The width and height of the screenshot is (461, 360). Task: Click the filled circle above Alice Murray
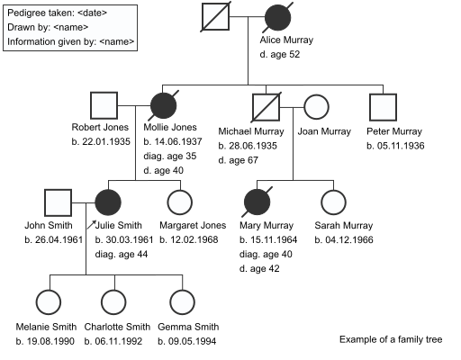pyautogui.click(x=277, y=18)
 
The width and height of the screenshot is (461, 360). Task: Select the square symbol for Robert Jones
pyautogui.click(x=104, y=105)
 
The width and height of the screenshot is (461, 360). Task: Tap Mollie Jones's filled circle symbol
pyautogui.click(x=163, y=105)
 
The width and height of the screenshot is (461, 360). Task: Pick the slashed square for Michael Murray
pyautogui.click(x=266, y=107)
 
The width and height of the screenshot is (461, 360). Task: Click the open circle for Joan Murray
pyautogui.click(x=316, y=107)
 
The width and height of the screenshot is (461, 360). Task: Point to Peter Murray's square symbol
pyautogui.click(x=383, y=107)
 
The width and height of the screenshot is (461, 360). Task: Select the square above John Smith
pyautogui.click(x=58, y=202)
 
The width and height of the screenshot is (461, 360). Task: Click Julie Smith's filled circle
pyautogui.click(x=108, y=202)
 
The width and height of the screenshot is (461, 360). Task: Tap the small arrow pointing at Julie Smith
pyautogui.click(x=92, y=225)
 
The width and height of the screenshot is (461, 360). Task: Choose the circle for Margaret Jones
pyautogui.click(x=179, y=202)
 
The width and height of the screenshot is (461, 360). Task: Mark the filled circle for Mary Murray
pyautogui.click(x=257, y=202)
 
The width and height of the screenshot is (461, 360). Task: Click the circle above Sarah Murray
pyautogui.click(x=333, y=202)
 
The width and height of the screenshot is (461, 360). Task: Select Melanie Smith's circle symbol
pyautogui.click(x=49, y=302)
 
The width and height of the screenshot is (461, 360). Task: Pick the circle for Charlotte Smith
pyautogui.click(x=113, y=302)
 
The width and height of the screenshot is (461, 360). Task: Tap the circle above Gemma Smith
pyautogui.click(x=182, y=302)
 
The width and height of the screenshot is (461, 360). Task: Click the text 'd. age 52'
pyautogui.click(x=280, y=54)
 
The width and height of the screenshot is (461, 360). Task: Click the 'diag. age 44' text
pyautogui.click(x=122, y=255)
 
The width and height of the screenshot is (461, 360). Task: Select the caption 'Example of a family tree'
pyautogui.click(x=391, y=339)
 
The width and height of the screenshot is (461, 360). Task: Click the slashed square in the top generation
pyautogui.click(x=215, y=16)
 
